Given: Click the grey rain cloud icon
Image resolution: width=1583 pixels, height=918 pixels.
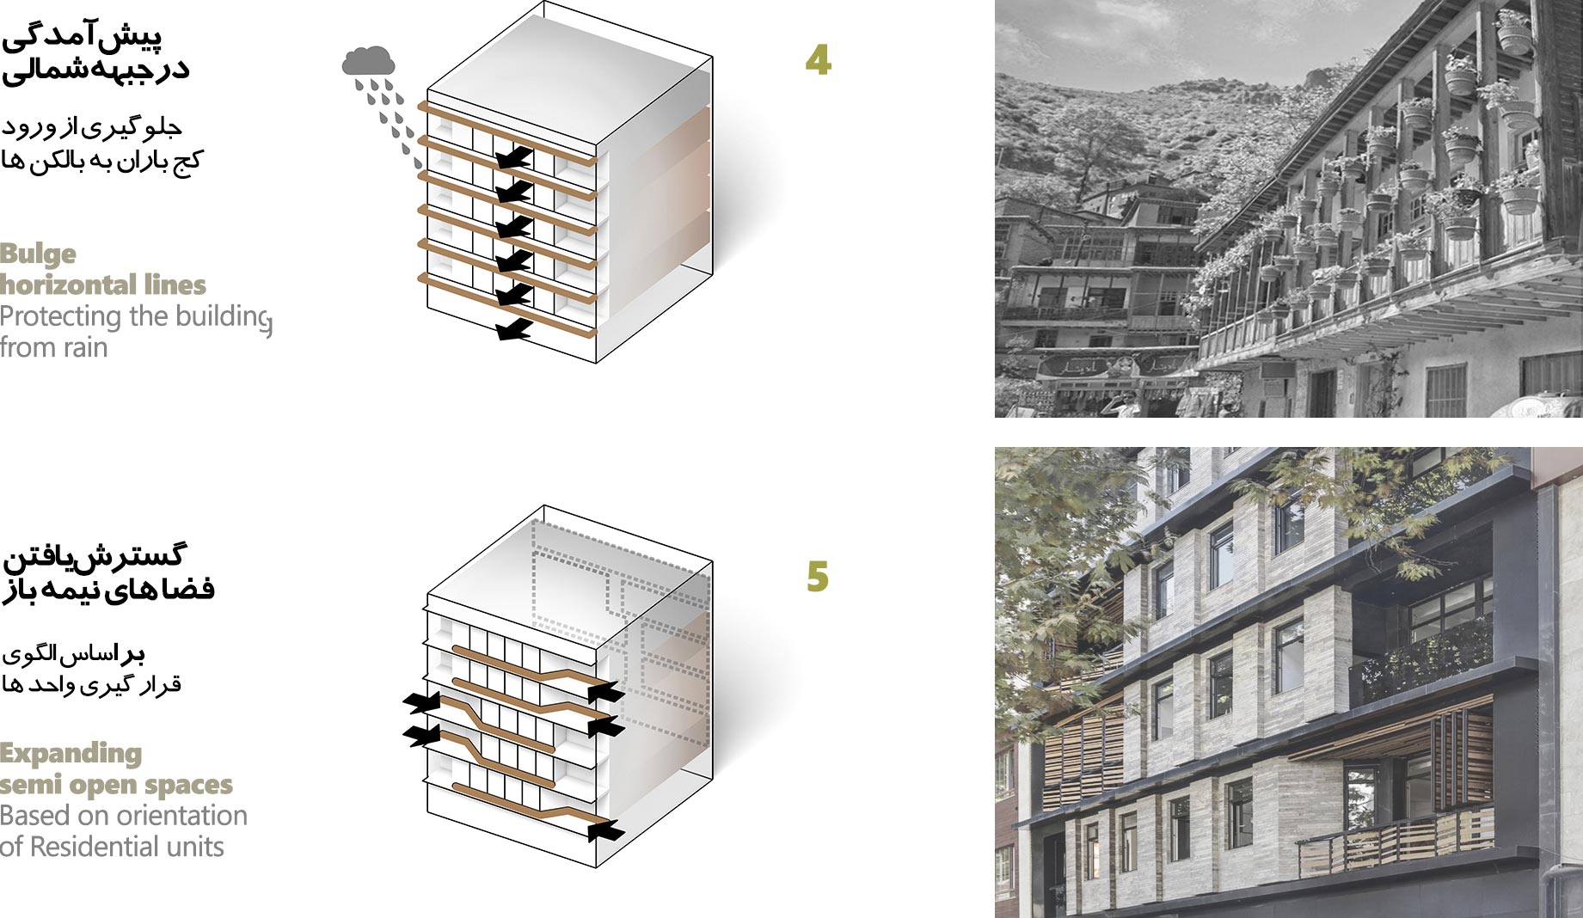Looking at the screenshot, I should [x=369, y=61].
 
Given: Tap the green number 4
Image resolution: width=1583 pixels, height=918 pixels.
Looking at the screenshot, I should [x=818, y=59].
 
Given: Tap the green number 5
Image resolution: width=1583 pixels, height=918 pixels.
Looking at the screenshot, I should [x=818, y=577].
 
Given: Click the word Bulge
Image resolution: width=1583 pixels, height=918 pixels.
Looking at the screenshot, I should [x=38, y=254].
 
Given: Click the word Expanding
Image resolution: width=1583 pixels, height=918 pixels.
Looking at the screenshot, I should [x=71, y=754].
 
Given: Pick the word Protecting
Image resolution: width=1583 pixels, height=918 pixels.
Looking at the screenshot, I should [x=59, y=316].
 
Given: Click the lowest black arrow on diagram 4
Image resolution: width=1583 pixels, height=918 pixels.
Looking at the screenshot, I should [x=513, y=329].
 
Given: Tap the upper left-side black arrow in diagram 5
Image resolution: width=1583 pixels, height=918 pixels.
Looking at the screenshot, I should [x=420, y=703].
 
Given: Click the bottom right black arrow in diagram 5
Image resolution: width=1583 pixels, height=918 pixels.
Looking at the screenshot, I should [x=608, y=829].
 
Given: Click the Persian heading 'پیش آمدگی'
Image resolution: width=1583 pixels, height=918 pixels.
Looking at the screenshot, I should [x=83, y=35].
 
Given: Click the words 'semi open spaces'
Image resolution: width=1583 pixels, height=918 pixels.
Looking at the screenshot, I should [x=116, y=785].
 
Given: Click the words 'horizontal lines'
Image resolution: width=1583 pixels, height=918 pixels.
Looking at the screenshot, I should [x=103, y=285].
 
